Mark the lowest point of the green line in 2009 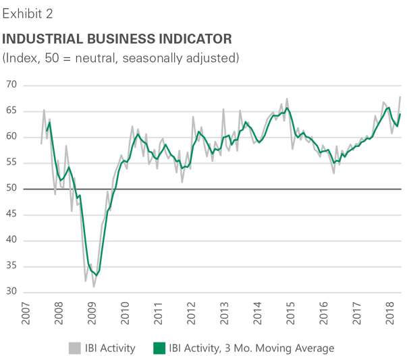click(97, 275)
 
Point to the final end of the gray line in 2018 click(401, 96)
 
